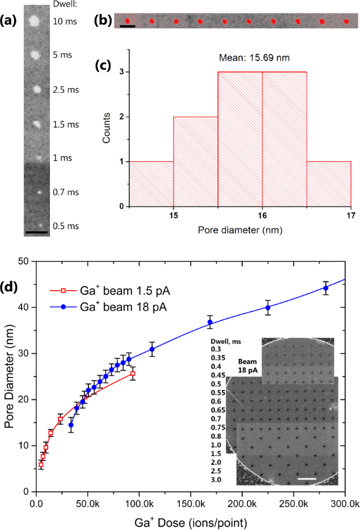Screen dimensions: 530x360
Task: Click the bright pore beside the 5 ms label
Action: [x=35, y=56]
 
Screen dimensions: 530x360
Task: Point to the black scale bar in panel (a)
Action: [x=36, y=233]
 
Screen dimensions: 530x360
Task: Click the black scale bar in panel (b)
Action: [x=128, y=26]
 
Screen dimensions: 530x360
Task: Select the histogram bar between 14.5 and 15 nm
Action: [x=151, y=184]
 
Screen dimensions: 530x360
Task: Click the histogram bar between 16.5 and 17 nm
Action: [x=328, y=184]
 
